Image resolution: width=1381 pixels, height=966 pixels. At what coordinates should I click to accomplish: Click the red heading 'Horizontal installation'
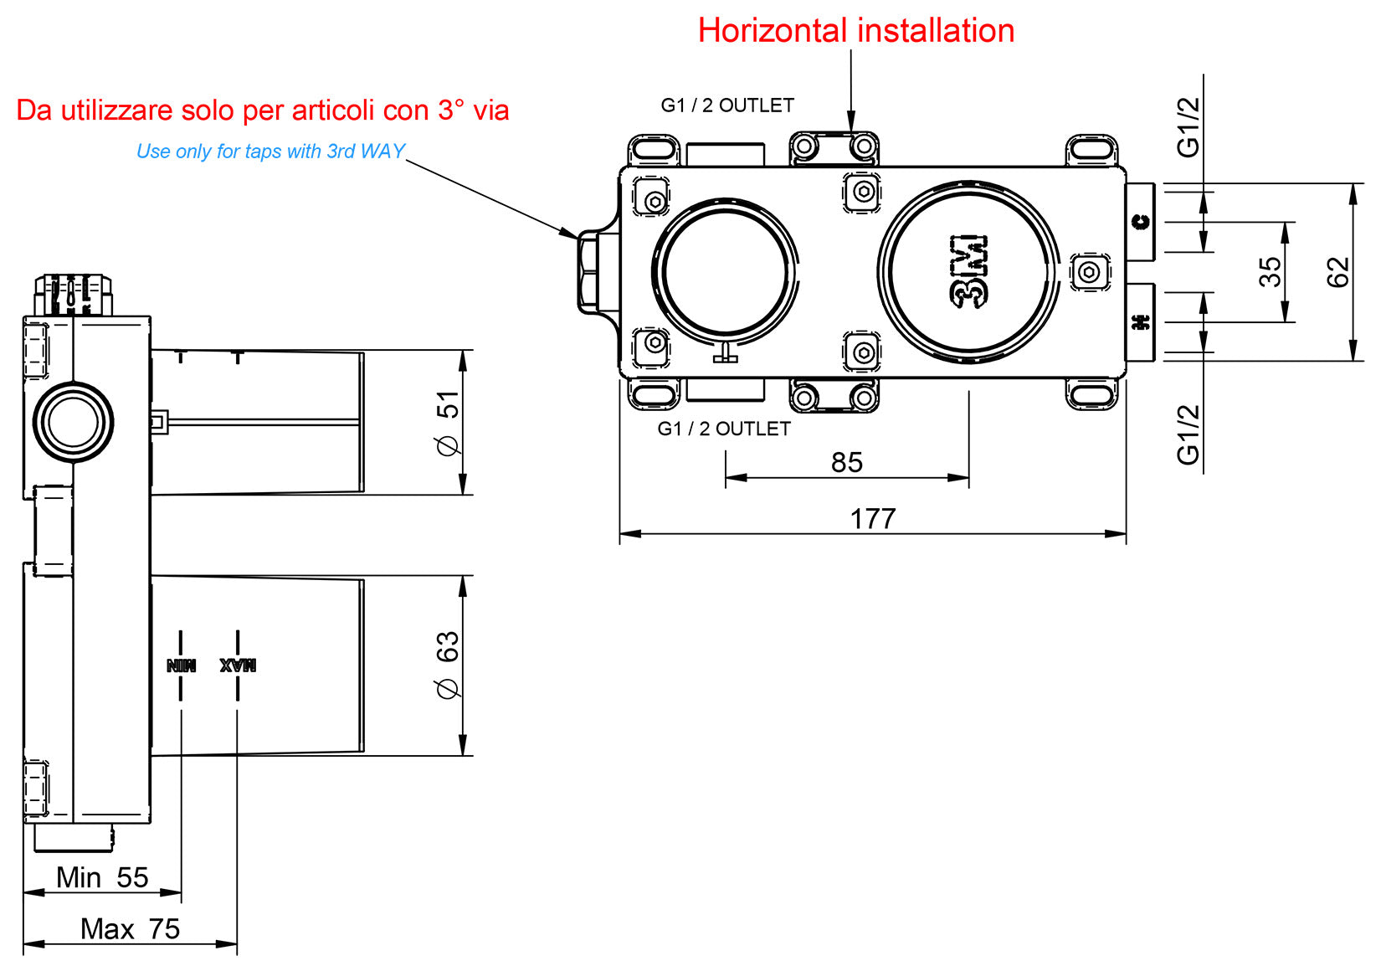(x=855, y=31)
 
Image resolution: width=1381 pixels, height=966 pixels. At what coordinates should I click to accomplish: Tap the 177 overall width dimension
(x=873, y=518)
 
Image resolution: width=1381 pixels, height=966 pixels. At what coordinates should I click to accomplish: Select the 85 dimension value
(x=846, y=462)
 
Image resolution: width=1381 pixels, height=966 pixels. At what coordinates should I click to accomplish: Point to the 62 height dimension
(x=1338, y=272)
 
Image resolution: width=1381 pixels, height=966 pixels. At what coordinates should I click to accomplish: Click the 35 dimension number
(x=1270, y=272)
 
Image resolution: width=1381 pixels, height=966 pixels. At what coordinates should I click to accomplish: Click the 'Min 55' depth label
(x=101, y=877)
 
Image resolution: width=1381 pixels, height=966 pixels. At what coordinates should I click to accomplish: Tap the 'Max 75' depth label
(x=130, y=928)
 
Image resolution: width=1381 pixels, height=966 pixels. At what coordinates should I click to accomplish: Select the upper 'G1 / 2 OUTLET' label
(x=726, y=105)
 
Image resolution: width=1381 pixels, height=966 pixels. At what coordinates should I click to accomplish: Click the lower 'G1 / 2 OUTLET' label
(x=724, y=429)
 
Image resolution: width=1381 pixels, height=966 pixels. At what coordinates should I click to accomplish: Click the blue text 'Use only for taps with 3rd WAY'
(x=270, y=152)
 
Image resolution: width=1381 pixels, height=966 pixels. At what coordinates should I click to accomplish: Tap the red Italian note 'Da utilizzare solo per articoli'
(x=262, y=110)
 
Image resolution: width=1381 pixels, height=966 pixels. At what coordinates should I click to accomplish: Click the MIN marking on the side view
(x=181, y=665)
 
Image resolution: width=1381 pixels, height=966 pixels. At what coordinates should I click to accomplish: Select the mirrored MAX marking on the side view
(x=238, y=665)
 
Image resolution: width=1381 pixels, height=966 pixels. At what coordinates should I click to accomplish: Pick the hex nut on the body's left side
(x=588, y=272)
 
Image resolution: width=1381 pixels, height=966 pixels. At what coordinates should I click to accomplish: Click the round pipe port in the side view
(x=74, y=422)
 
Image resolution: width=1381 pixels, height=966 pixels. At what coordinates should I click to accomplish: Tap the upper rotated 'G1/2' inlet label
(x=1188, y=127)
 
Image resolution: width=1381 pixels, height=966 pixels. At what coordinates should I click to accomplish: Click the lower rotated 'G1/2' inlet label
(x=1188, y=434)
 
